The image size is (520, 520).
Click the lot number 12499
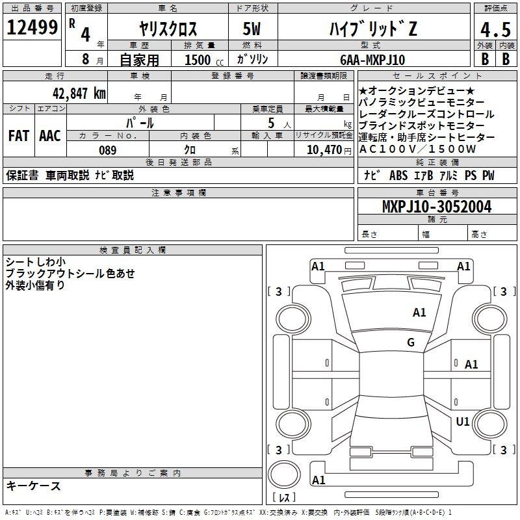[x=32, y=28]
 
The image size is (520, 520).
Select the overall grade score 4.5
[x=495, y=30]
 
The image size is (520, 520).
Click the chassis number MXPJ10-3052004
[x=436, y=207]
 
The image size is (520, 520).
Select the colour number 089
[x=107, y=150]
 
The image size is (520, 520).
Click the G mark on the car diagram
[x=411, y=343]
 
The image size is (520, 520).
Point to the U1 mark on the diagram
[x=462, y=422]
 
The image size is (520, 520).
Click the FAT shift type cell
[x=18, y=136]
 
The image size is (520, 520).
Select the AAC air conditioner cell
[x=49, y=136]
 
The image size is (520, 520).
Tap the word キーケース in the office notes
[x=33, y=486]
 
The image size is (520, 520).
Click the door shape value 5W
[x=252, y=29]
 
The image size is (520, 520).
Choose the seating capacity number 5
[x=270, y=122]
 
